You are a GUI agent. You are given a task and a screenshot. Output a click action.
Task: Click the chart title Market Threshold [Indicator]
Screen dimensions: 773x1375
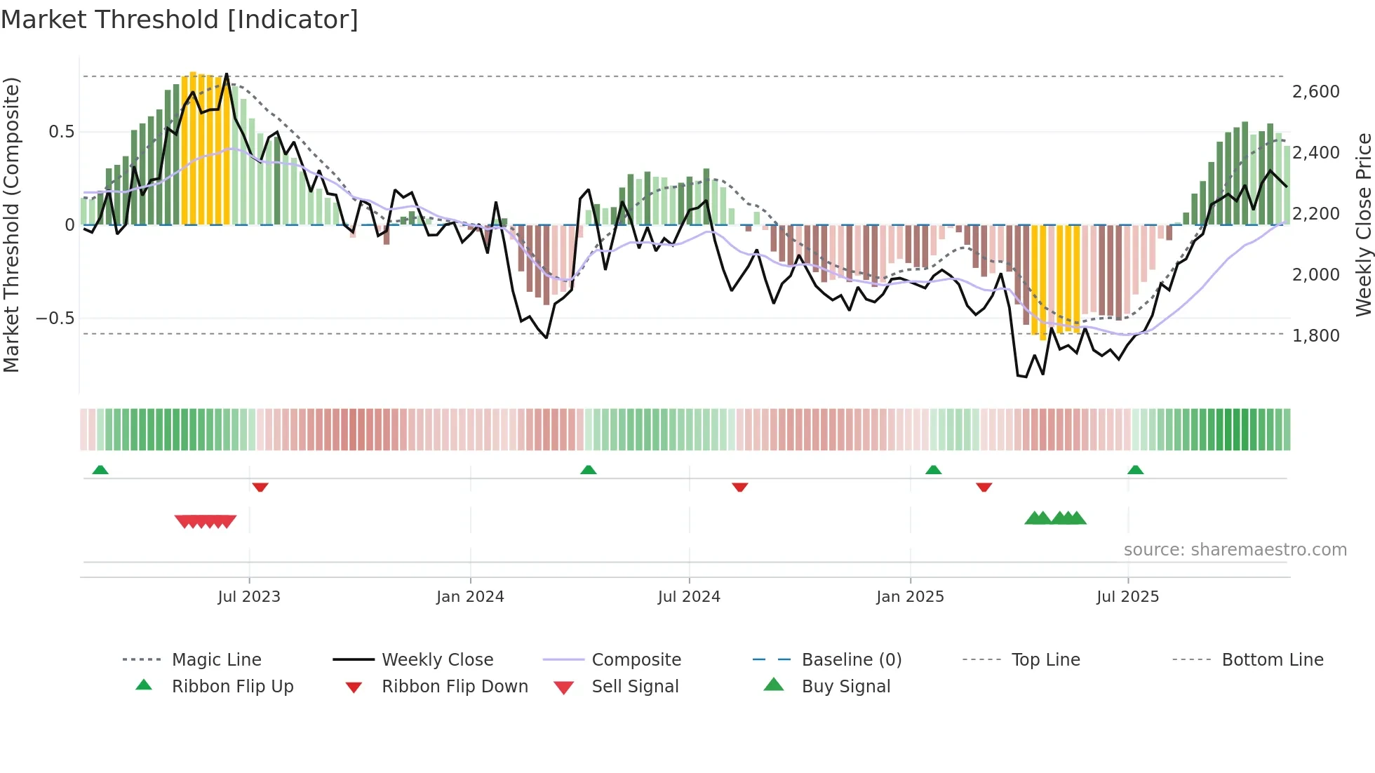pyautogui.click(x=180, y=20)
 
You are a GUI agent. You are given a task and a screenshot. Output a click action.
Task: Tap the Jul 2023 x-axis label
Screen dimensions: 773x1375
pyautogui.click(x=248, y=597)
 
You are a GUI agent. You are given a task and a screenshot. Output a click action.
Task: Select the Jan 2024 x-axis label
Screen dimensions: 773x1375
pyautogui.click(x=470, y=597)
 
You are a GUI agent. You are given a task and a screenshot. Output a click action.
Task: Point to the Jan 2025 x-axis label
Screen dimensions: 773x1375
pyautogui.click(x=910, y=597)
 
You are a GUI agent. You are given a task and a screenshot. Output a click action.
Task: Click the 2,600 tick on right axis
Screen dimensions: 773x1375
pyautogui.click(x=1315, y=92)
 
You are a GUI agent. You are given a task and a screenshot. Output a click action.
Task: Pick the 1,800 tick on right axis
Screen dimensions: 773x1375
pyautogui.click(x=1315, y=336)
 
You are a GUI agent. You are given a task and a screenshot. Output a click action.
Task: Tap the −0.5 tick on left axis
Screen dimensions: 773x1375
pyautogui.click(x=55, y=318)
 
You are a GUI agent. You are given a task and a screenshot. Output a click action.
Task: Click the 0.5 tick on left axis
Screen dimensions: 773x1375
pyautogui.click(x=61, y=132)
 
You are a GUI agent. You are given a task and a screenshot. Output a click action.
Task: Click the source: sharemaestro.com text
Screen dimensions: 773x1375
pyautogui.click(x=1235, y=550)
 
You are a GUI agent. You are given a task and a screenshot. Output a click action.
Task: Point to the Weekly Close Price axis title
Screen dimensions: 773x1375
pyautogui.click(x=1363, y=224)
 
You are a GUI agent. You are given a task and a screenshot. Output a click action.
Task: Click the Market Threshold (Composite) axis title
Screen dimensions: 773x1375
pyautogui.click(x=12, y=224)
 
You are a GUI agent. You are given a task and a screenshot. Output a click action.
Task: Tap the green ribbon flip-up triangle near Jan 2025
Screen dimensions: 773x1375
pyautogui.click(x=933, y=470)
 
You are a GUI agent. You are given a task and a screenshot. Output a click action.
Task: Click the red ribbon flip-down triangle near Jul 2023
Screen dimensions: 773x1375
pyautogui.click(x=260, y=487)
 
